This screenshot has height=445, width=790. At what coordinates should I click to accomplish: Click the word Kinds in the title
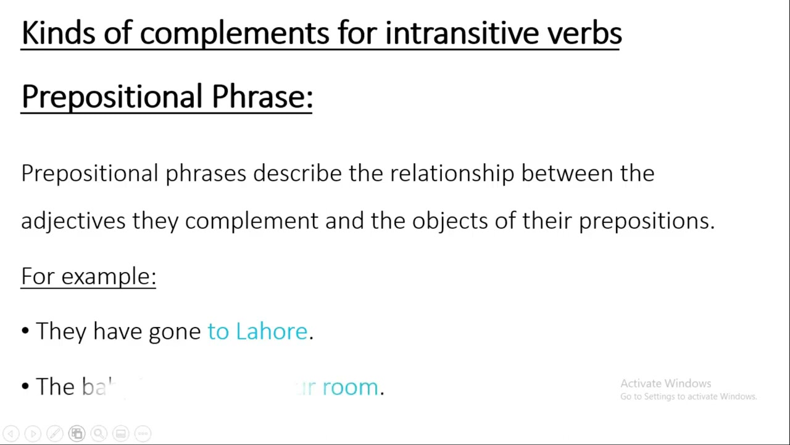point(58,33)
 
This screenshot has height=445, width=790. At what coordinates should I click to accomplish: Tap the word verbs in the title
point(584,33)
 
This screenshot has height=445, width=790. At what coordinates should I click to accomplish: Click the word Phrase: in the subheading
point(262,97)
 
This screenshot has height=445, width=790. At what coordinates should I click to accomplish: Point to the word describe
point(297,174)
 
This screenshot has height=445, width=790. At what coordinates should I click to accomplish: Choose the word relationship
point(452,174)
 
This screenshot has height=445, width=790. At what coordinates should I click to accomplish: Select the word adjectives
point(73,221)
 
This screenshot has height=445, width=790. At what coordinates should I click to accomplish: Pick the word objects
point(450,221)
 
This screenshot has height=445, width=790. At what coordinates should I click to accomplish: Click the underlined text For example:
point(88,276)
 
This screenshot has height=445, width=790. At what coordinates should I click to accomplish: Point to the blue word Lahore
point(272,331)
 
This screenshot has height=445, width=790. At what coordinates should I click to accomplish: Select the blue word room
point(350,388)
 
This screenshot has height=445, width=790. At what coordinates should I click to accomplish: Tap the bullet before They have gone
point(25,331)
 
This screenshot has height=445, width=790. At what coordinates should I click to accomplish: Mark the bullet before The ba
point(25,387)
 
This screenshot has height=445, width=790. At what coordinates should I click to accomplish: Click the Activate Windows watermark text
point(665,384)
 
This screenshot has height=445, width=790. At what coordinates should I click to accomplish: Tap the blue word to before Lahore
point(218,331)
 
